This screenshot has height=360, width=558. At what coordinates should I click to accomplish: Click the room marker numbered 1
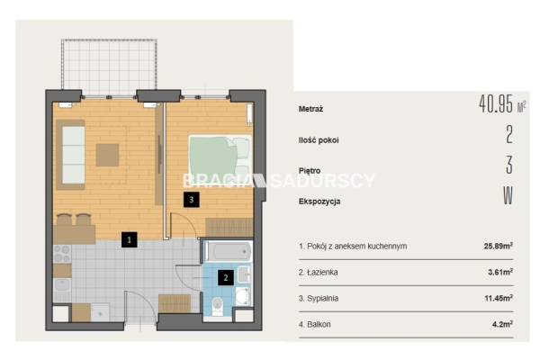pos(129,239)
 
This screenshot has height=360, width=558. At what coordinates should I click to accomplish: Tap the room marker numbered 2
pos(226,277)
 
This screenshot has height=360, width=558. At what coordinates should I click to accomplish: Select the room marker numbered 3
pos(191,200)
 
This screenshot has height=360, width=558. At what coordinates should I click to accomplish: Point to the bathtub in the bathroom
pos(228,251)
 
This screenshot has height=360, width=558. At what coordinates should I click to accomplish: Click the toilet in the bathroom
pos(217,307)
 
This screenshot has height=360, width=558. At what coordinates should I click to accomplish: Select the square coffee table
pos(107,155)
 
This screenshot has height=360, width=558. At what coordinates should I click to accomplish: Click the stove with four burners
pos(62,253)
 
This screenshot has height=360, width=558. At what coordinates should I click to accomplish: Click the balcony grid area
pos(109,67)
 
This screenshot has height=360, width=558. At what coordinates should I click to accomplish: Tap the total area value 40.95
pos(496,103)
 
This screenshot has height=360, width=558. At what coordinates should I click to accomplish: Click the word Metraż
pos(310,109)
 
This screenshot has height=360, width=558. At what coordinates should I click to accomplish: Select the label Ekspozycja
pos(319,202)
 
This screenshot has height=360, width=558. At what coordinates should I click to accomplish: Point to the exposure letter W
pos(508,195)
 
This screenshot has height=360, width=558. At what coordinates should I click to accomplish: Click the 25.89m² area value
pos(499,246)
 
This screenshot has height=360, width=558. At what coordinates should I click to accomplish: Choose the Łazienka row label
pos(318,272)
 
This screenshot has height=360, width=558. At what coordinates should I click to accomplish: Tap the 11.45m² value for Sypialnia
pos(499,298)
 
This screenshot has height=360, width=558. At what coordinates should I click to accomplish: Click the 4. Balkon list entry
pos(315,324)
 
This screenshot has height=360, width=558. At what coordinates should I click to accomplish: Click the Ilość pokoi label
pos(319,139)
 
